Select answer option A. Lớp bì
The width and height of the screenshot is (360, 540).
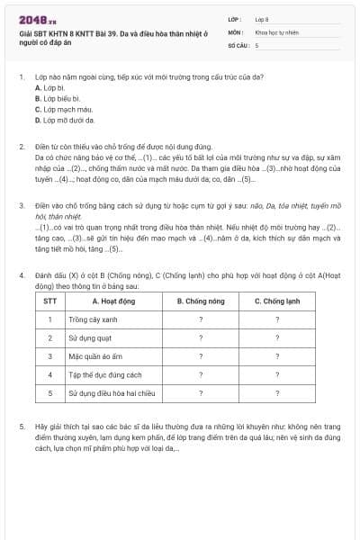tap(50, 89)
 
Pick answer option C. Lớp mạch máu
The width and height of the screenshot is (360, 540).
tap(59, 109)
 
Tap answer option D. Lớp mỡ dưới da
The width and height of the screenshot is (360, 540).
tap(64, 119)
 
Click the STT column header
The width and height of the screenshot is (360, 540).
tap(49, 301)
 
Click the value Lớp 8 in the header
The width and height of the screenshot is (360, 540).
tap(262, 18)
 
